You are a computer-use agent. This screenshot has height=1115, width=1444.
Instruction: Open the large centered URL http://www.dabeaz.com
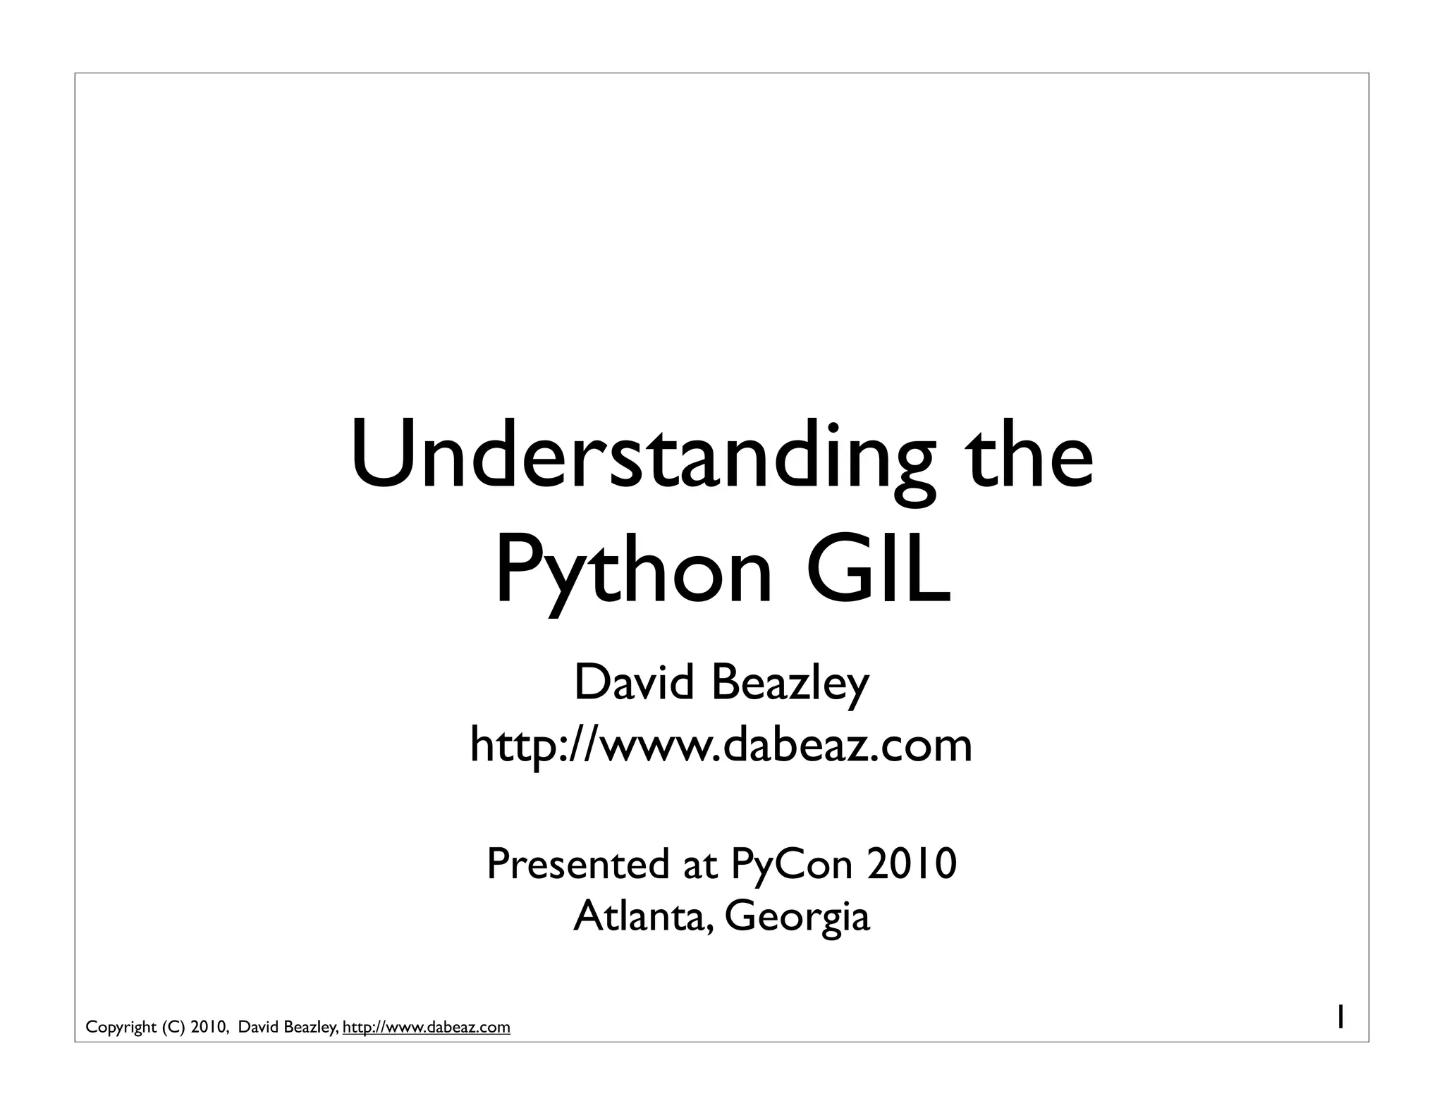[x=721, y=745]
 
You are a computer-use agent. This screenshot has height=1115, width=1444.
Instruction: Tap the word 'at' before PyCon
[x=699, y=865]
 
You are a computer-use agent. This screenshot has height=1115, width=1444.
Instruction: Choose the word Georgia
[x=797, y=918]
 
